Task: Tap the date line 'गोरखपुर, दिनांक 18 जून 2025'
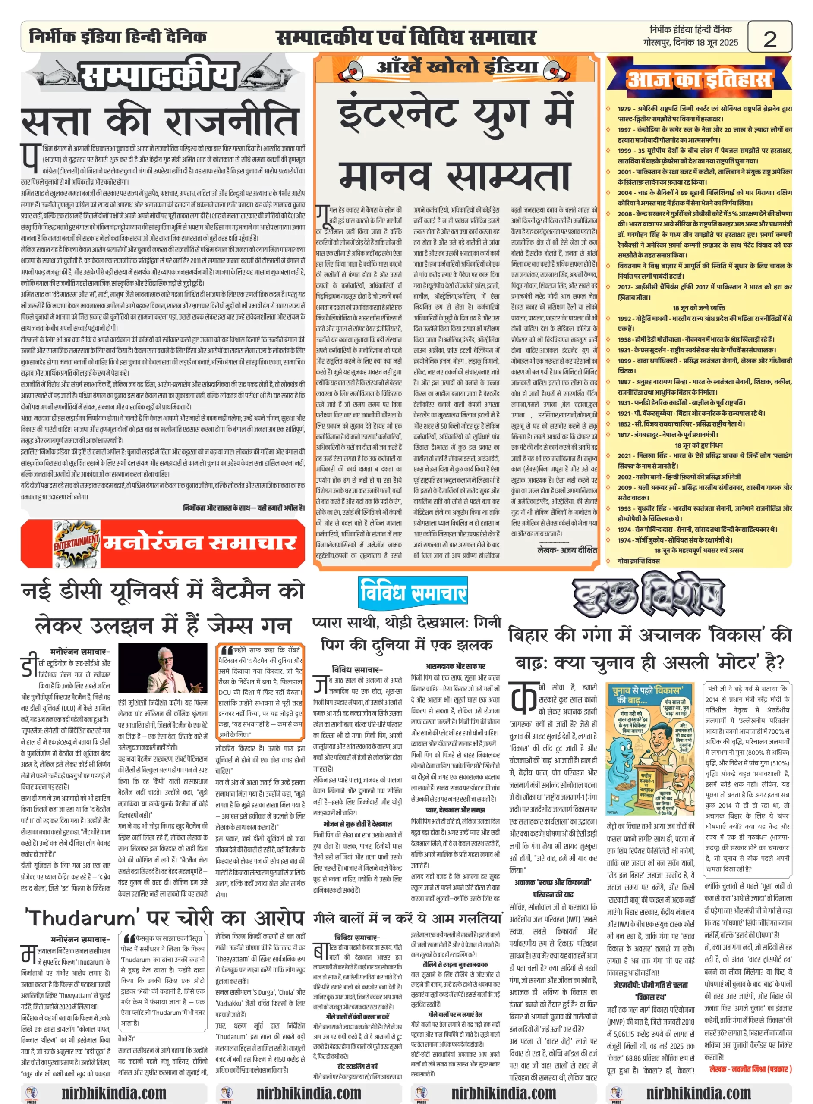pos(690,43)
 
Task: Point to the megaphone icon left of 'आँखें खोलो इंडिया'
pos(353,69)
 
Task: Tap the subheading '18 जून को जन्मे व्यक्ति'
pos(698,308)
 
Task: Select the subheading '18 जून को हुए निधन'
pos(698,445)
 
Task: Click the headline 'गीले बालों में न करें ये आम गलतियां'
pos(407,918)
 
